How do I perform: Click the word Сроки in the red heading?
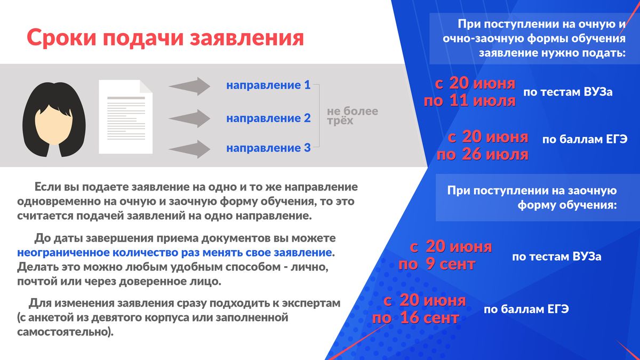pyautogui.click(x=61, y=38)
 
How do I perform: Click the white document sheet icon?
pyautogui.click(x=126, y=117)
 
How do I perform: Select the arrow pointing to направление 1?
pyautogui.click(x=189, y=86)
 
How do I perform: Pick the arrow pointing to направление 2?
pyautogui.click(x=189, y=118)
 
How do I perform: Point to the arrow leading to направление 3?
pyautogui.click(x=189, y=149)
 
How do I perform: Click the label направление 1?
pyautogui.click(x=268, y=85)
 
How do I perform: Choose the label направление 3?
pyautogui.click(x=268, y=148)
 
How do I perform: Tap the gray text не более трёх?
pyautogui.click(x=353, y=116)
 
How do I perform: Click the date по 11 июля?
pyautogui.click(x=470, y=101)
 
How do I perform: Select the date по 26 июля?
pyautogui.click(x=483, y=155)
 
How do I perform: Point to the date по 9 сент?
pyautogui.click(x=437, y=265)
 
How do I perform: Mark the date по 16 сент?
pyautogui.click(x=415, y=318)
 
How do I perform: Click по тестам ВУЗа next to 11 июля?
pyautogui.click(x=568, y=92)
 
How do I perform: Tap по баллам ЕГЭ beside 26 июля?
pyautogui.click(x=585, y=139)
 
